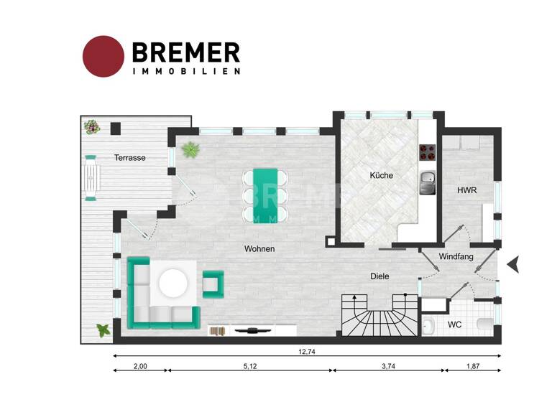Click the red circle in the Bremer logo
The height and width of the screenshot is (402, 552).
click(x=104, y=55)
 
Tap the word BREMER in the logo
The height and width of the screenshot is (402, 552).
click(x=185, y=52)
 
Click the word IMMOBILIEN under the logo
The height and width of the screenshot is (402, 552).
click(x=185, y=71)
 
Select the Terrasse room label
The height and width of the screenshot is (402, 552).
click(x=130, y=158)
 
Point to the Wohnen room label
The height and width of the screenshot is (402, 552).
click(x=259, y=249)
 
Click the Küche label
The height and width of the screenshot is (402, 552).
click(x=381, y=175)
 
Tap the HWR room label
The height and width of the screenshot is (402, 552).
click(x=467, y=191)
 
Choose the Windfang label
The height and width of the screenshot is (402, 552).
click(x=456, y=256)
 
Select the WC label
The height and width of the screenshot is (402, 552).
click(x=454, y=325)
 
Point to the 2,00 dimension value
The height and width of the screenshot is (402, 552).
click(x=140, y=366)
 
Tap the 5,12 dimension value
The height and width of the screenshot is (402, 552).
click(x=250, y=366)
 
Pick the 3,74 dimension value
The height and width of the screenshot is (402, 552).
click(x=388, y=366)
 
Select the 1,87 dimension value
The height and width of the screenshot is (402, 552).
click(x=472, y=366)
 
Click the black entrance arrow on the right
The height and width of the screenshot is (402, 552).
click(x=513, y=265)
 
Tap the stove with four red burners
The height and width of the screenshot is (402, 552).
click(x=428, y=152)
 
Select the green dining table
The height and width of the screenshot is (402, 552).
click(x=264, y=195)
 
